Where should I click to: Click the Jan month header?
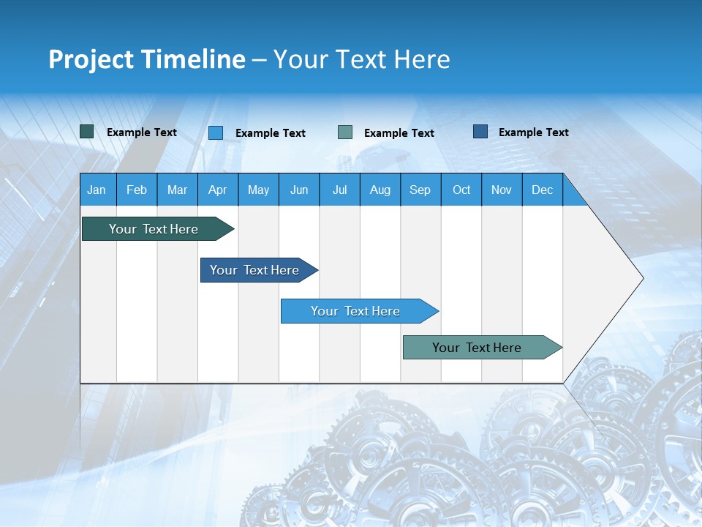pos(97,190)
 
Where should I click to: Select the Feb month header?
pos(137,190)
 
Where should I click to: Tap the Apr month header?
pos(217,190)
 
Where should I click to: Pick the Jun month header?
pos(299,190)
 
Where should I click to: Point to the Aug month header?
pos(380,190)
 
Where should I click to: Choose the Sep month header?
pos(420,190)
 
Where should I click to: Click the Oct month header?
pos(461,190)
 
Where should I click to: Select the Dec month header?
pos(542,190)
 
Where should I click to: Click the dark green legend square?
pos(86,132)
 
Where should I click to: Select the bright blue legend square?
pos(216,132)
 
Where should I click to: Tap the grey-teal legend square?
pos(345,132)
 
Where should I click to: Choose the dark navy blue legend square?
pos(480,132)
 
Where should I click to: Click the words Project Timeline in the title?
pos(147,59)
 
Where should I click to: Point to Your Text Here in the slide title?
pos(361,59)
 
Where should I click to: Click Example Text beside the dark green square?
pos(142,132)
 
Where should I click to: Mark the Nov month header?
pos(502,190)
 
